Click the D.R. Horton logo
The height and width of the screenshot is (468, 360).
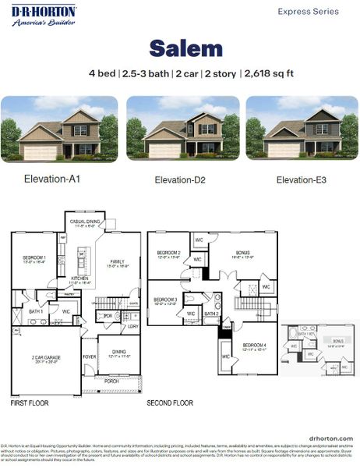click(x=44, y=15)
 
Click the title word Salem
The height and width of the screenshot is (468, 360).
click(x=185, y=49)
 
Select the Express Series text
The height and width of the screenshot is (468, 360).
click(x=309, y=12)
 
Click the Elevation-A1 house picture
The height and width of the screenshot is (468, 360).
click(x=59, y=129)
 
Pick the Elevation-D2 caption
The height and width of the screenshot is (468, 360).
click(x=179, y=180)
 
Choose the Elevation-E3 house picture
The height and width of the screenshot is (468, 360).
click(x=302, y=129)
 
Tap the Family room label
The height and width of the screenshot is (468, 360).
click(x=118, y=262)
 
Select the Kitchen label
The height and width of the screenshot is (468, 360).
click(x=80, y=278)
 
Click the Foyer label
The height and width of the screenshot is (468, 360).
click(x=90, y=356)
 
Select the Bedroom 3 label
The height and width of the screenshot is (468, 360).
click(x=164, y=300)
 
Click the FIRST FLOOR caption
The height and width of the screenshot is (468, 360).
click(x=30, y=404)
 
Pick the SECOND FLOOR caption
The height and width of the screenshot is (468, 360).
click(x=170, y=404)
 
